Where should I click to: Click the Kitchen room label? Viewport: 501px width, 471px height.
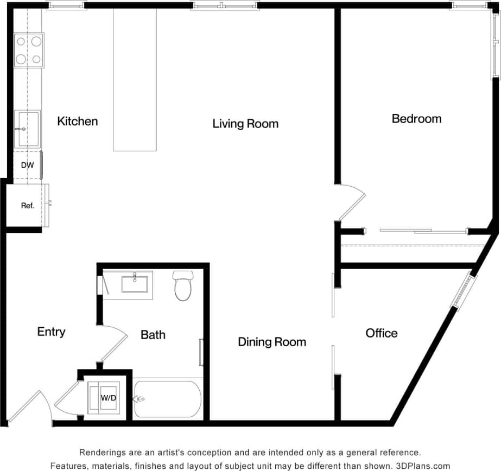[x=78, y=121]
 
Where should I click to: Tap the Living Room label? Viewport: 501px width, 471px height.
[x=245, y=124]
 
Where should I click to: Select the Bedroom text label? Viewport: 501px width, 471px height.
[x=416, y=118]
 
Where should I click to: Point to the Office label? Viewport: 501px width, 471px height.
[x=381, y=333]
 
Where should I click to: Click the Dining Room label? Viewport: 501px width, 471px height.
[x=272, y=342]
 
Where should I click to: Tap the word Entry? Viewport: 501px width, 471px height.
[x=51, y=332]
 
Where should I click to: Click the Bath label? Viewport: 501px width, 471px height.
[x=153, y=335]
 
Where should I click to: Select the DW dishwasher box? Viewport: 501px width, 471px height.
[x=27, y=166]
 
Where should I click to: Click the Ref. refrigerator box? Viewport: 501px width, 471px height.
[x=28, y=205]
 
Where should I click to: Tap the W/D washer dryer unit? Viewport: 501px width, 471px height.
[x=107, y=398]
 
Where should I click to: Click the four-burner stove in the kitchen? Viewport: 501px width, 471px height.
[x=29, y=50]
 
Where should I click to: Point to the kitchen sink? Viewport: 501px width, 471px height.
[x=28, y=129]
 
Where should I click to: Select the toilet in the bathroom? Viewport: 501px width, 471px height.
[x=183, y=286]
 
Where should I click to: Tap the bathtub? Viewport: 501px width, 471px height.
[x=168, y=399]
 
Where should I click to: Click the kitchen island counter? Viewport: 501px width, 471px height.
[x=135, y=80]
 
